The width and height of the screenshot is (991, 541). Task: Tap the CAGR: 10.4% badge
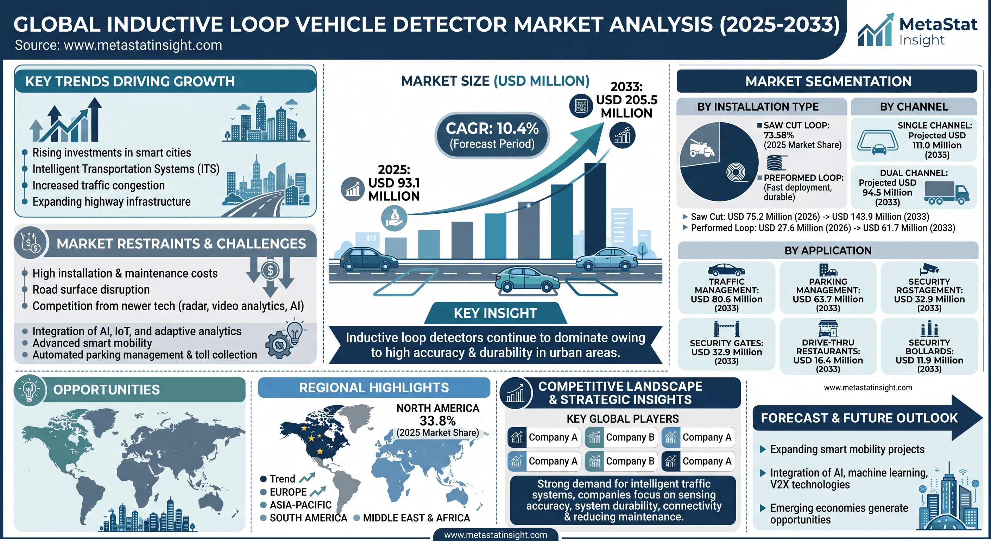492,135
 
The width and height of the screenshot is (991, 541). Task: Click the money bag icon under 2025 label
393,218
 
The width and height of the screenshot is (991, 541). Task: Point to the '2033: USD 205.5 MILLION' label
627,100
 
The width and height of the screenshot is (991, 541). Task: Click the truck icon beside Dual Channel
946,192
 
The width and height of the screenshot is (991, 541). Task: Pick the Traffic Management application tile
726,288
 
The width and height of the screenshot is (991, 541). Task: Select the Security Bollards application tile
929,346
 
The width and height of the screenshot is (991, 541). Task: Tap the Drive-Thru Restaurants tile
828,346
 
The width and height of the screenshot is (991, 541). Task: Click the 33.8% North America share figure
437,421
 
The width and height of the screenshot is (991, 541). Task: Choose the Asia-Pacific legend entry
296,505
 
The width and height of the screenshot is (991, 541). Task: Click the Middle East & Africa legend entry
412,518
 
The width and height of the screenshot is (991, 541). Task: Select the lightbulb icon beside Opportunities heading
30,390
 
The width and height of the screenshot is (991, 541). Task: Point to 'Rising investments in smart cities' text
112,153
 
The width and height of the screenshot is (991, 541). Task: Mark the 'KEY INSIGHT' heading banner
495,313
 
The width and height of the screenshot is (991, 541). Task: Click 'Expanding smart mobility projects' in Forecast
847,449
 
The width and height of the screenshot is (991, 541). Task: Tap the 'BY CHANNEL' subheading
914,107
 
